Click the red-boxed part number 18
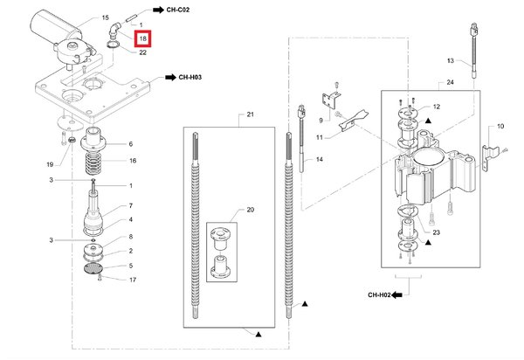pyautogui.click(x=142, y=39)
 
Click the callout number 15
pyautogui.click(x=105, y=17)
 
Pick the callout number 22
pyautogui.click(x=142, y=52)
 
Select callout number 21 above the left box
pyautogui.click(x=249, y=115)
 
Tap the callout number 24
pyautogui.click(x=451, y=83)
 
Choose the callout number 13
pyautogui.click(x=451, y=61)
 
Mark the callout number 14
pyautogui.click(x=321, y=159)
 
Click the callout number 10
pyautogui.click(x=500, y=128)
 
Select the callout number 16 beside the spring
pyautogui.click(x=133, y=161)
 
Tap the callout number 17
pyautogui.click(x=133, y=280)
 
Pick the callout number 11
pyautogui.click(x=321, y=138)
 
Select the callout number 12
pyautogui.click(x=437, y=107)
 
